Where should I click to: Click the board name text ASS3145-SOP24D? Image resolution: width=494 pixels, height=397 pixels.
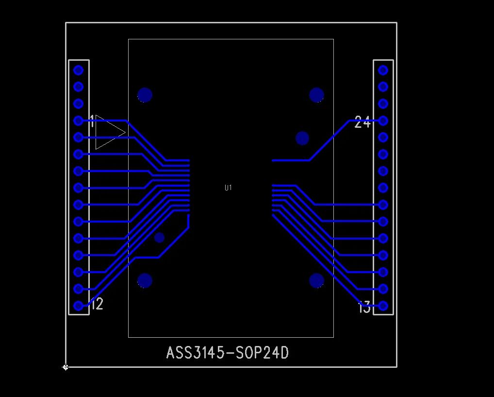point(228,353)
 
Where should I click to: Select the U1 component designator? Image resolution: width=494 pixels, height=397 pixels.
point(228,188)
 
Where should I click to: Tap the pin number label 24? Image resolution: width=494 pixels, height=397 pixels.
point(362,122)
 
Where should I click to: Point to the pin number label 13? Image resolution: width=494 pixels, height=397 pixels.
point(364,308)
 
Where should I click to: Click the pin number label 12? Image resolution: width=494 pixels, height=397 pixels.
point(97,304)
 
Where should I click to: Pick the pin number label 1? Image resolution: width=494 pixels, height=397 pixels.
point(92,122)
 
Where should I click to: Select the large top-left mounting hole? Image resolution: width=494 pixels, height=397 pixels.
point(145,95)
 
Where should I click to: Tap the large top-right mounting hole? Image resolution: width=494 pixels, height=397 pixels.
point(317,95)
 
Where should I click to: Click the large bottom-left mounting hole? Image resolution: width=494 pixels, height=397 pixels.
point(145,280)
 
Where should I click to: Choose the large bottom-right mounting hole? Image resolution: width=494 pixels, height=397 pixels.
point(317,280)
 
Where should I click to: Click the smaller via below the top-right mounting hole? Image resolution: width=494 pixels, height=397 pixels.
point(302,138)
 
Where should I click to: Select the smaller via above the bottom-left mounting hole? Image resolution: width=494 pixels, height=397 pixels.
point(159,238)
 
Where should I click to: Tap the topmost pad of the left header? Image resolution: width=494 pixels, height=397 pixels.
point(78,70)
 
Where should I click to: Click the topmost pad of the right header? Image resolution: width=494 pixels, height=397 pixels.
point(383,70)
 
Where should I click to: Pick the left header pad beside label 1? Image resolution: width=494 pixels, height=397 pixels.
point(78,121)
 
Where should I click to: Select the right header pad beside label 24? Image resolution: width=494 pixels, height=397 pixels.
point(383,121)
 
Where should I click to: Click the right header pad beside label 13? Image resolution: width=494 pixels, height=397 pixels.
point(383,306)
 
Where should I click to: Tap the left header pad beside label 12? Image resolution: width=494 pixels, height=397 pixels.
point(78,306)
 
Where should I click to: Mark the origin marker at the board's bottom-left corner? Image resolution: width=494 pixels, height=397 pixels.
point(66,367)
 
